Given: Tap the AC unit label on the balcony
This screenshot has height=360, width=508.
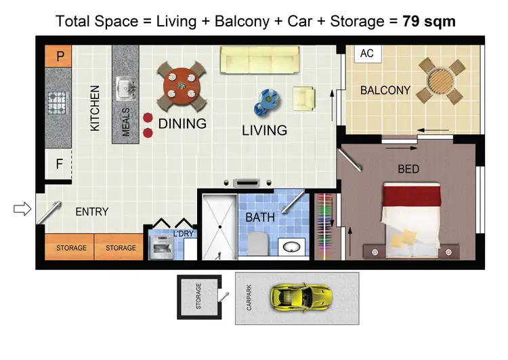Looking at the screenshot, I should pyautogui.click(x=367, y=53).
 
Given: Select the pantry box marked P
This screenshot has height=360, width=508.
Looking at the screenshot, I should pyautogui.click(x=60, y=56).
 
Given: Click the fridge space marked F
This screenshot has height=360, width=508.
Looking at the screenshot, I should pyautogui.click(x=59, y=163).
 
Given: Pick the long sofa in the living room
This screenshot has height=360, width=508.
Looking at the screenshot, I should pyautogui.click(x=260, y=60).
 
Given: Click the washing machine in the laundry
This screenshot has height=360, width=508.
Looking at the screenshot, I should pyautogui.click(x=161, y=247).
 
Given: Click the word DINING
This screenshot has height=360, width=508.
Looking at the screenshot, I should pyautogui.click(x=182, y=124).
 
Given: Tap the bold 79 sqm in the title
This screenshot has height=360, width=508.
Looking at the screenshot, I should pyautogui.click(x=429, y=21).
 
